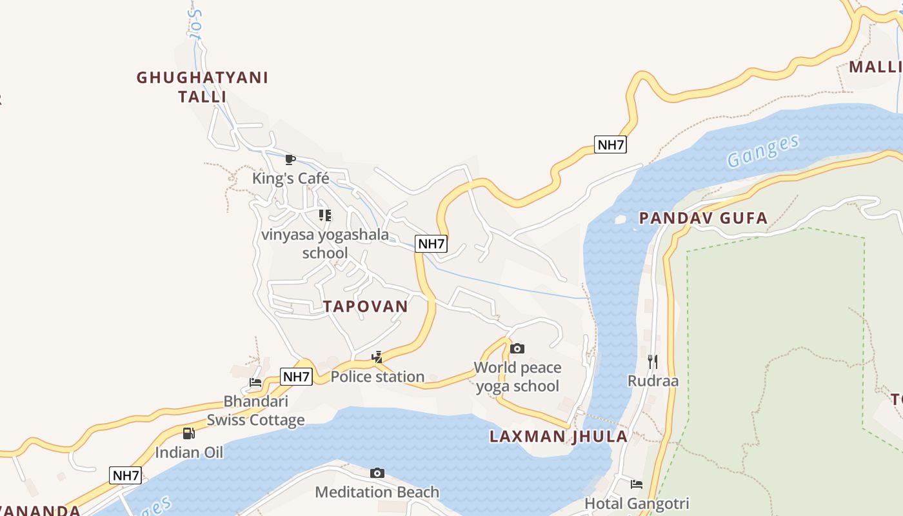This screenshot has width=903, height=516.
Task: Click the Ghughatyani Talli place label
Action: (x=202, y=87)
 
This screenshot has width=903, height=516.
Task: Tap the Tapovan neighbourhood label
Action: (x=366, y=306)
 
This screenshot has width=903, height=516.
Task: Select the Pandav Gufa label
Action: (x=703, y=218)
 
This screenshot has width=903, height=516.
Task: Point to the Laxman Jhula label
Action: (x=559, y=437)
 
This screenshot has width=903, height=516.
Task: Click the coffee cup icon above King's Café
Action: (x=290, y=159)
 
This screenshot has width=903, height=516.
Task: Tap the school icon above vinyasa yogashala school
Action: (x=325, y=215)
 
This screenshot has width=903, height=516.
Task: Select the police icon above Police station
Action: (x=377, y=357)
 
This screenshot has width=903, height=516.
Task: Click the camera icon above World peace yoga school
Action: (x=517, y=349)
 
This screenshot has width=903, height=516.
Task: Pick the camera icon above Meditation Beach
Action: (x=377, y=473)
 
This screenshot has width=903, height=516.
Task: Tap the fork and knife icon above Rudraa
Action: (x=653, y=361)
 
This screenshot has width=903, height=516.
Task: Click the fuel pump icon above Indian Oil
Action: (x=188, y=433)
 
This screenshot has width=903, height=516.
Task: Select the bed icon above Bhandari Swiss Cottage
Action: (x=255, y=382)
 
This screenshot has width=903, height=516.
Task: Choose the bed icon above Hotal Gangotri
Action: (x=637, y=484)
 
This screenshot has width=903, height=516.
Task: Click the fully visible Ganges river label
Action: (x=762, y=151)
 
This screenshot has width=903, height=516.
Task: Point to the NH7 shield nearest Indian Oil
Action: (x=126, y=476)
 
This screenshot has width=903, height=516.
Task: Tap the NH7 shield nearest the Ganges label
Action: (x=610, y=144)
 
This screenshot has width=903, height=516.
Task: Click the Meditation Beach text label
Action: (x=377, y=492)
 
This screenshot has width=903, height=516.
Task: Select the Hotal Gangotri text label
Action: (x=637, y=503)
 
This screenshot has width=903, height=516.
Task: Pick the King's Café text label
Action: (x=290, y=178)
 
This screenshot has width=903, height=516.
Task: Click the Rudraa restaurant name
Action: (x=653, y=381)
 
